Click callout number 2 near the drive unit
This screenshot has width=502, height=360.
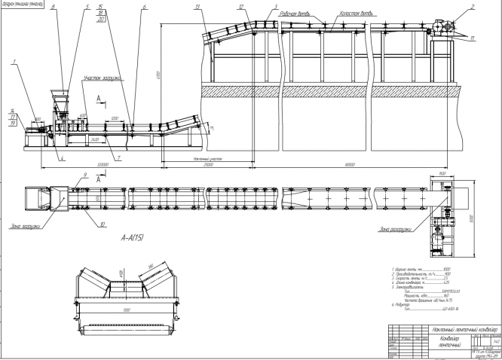pyautogui.click(x=473, y=7)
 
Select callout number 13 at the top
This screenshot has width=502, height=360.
pyautogui.click(x=197, y=7)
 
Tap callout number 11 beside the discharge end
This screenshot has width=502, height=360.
pyautogui.click(x=473, y=36)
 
